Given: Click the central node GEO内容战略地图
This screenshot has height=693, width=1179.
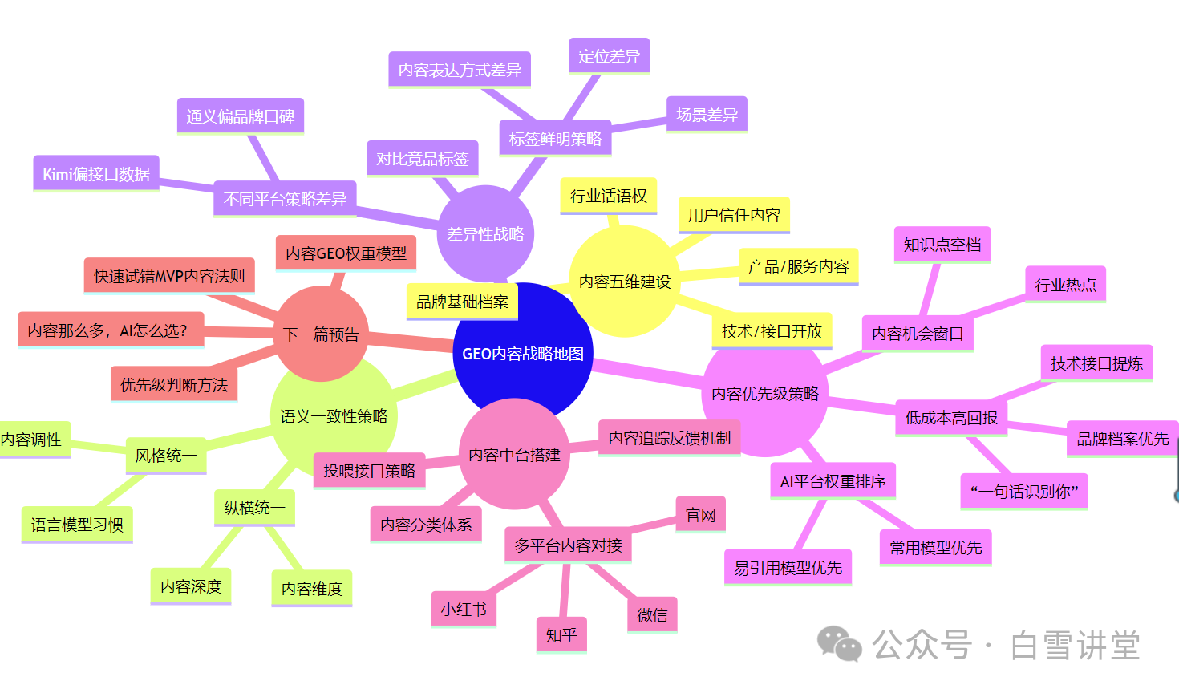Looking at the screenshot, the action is click(x=523, y=354).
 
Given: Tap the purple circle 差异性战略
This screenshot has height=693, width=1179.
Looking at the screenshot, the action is click(x=485, y=234).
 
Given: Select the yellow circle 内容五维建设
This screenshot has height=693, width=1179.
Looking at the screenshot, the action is click(x=625, y=282).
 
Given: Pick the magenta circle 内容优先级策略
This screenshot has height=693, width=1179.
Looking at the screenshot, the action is click(x=765, y=394).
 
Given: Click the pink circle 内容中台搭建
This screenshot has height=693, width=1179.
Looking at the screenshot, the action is click(x=514, y=455).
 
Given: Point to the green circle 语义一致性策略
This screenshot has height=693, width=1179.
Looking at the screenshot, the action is click(x=334, y=416).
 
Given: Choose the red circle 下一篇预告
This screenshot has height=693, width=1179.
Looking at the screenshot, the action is click(x=321, y=334).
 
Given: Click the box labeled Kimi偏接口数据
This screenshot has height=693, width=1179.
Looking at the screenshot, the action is click(x=96, y=174).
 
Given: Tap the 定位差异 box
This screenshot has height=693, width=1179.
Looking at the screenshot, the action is click(x=609, y=56).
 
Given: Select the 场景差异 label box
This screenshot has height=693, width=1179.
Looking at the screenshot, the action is click(x=707, y=115).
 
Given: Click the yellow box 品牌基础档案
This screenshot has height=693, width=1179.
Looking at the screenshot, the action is click(x=462, y=302).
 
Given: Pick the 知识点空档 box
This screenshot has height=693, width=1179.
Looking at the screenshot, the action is click(x=942, y=245).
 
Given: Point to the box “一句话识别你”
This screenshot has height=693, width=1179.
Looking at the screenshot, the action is click(x=1024, y=491).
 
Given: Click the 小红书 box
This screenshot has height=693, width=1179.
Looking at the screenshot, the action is click(x=464, y=610).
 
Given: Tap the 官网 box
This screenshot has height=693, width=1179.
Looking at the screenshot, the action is click(x=701, y=515).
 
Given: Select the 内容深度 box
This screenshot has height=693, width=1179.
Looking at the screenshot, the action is click(x=191, y=586).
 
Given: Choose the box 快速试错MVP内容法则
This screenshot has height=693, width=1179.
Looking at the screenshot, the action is click(x=169, y=276).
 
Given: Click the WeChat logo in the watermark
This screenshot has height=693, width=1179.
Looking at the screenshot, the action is click(x=839, y=644).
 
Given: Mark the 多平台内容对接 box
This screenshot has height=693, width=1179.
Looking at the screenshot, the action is click(x=568, y=545).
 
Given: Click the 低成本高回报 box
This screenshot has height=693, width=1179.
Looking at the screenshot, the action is click(x=951, y=418).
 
